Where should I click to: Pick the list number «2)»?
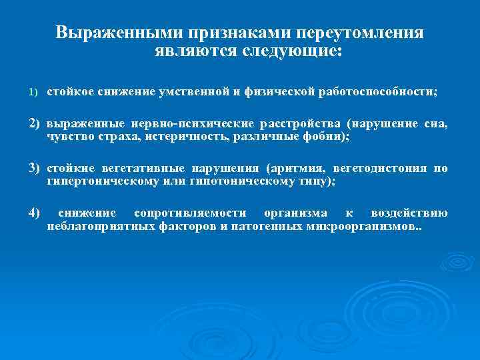[x=35, y=124]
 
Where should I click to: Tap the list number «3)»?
[x=35, y=168]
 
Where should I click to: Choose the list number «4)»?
[x=35, y=213]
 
